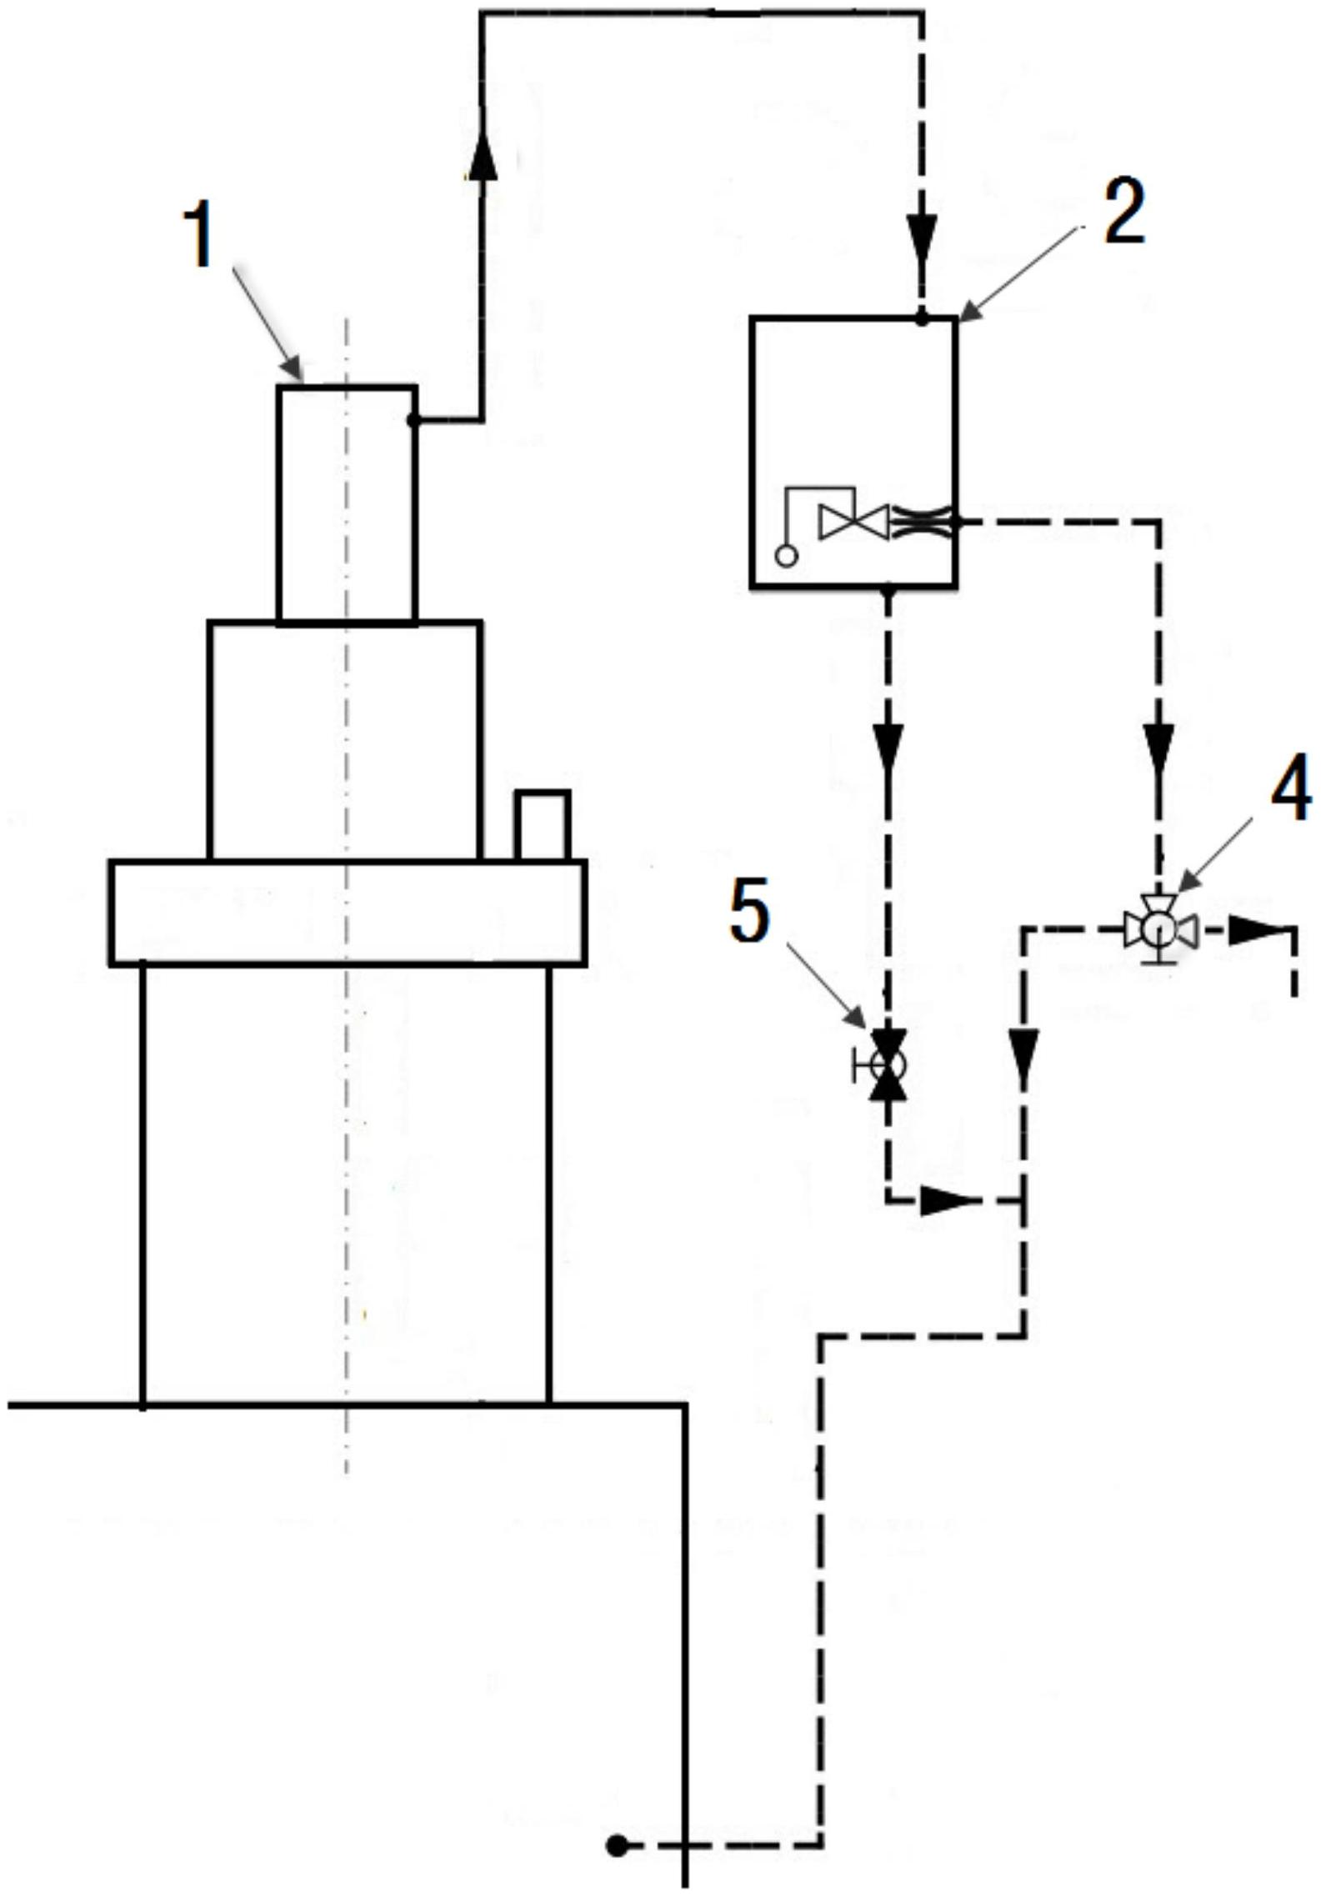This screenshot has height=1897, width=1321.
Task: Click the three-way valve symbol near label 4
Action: pos(1159,928)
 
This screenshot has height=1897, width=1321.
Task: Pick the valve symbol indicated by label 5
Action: pos(888,1064)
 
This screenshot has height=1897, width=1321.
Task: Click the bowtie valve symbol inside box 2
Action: pos(853,522)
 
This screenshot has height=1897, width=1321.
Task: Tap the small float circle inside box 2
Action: pos(786,555)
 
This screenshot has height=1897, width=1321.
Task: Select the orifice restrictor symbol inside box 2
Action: pos(921,523)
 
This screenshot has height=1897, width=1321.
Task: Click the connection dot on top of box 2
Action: pos(922,318)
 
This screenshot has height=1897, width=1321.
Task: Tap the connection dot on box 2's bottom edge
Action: pos(888,590)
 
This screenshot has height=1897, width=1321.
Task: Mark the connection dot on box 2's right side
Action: pos(957,523)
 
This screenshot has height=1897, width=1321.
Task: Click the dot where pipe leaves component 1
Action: pos(414,420)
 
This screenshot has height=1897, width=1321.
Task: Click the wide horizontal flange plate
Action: pos(348,912)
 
